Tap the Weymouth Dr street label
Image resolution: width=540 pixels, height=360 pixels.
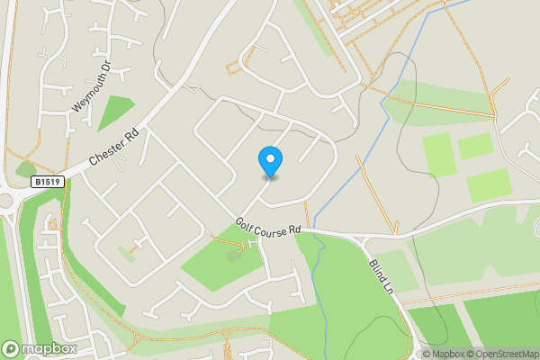92,87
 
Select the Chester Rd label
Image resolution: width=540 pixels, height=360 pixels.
114,147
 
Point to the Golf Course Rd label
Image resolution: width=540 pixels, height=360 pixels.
268,226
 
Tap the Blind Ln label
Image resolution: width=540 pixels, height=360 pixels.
382,280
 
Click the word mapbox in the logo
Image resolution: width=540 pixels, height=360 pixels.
49,348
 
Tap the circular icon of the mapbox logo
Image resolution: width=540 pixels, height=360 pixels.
12,348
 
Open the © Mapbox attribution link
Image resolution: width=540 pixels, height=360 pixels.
445,354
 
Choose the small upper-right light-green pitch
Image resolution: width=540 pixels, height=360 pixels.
474,145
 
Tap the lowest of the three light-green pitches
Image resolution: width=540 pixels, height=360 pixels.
488,184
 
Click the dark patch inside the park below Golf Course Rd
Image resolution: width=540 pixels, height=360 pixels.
235,255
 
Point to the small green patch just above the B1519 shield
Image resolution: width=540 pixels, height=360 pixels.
25,168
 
